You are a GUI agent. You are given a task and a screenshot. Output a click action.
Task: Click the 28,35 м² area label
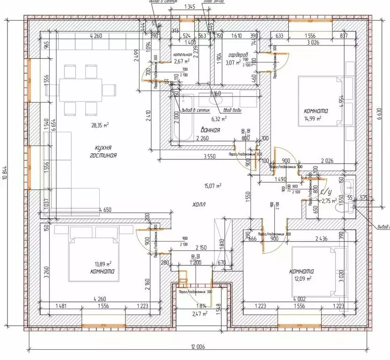coord(100,125)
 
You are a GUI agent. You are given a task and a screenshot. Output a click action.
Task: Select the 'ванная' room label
coord(211,130)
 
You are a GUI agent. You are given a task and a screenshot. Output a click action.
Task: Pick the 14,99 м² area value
coord(313,119)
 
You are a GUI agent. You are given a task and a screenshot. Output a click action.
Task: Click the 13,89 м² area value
coord(103,264)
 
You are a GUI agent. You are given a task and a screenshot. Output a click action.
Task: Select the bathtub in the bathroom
coord(183,118)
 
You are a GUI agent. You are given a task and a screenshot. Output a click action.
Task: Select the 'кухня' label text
coord(102,147)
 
